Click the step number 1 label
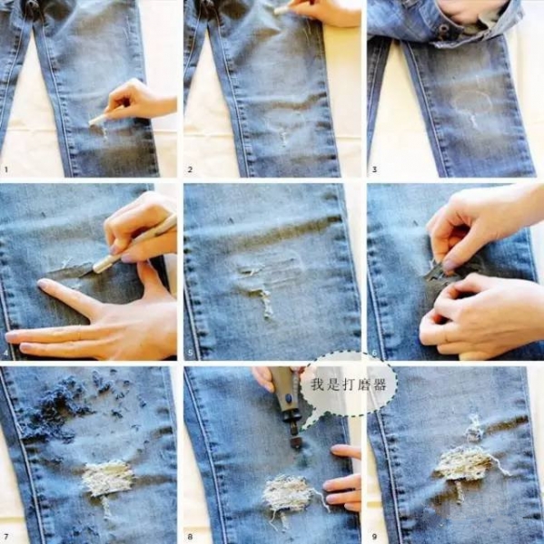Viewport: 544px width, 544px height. (6, 170)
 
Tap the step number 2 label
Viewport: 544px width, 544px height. (190, 170)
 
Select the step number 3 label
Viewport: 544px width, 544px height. (374, 170)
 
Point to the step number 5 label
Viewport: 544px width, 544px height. (190, 354)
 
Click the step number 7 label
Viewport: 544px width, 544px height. (6, 537)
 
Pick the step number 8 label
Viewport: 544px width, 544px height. (190, 537)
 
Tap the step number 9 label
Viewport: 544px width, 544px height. (374, 537)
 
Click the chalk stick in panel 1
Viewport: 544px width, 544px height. (98, 120)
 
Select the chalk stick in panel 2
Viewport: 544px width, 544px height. (283, 9)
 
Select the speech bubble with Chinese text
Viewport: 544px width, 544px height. (349, 384)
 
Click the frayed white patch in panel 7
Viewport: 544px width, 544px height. (108, 478)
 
